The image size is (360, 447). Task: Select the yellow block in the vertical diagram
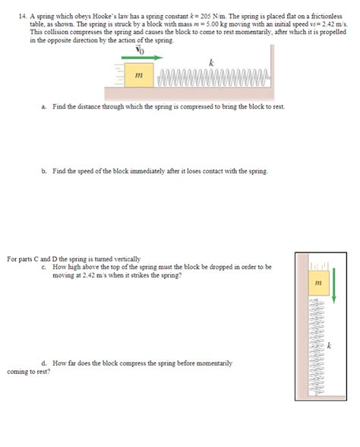pyautogui.click(x=318, y=283)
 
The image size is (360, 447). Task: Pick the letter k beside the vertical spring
pyautogui.click(x=329, y=347)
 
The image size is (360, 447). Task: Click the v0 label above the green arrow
pyautogui.click(x=138, y=49)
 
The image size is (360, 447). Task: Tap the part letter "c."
pyautogui.click(x=45, y=267)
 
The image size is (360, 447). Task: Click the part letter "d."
pyautogui.click(x=45, y=363)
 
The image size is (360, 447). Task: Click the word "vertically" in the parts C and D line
pyautogui.click(x=126, y=260)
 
